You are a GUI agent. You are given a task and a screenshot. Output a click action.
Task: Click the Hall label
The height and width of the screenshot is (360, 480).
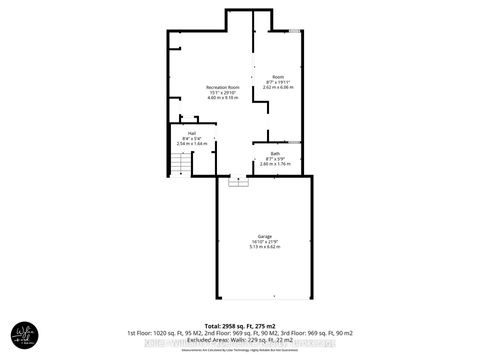[190, 132]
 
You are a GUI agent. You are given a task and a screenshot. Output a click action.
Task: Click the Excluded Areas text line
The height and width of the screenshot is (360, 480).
[240, 339]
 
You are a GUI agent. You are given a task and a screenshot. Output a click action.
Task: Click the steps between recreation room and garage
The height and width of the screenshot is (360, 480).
[237, 182]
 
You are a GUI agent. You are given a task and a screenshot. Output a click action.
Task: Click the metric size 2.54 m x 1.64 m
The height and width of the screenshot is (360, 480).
[190, 143]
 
